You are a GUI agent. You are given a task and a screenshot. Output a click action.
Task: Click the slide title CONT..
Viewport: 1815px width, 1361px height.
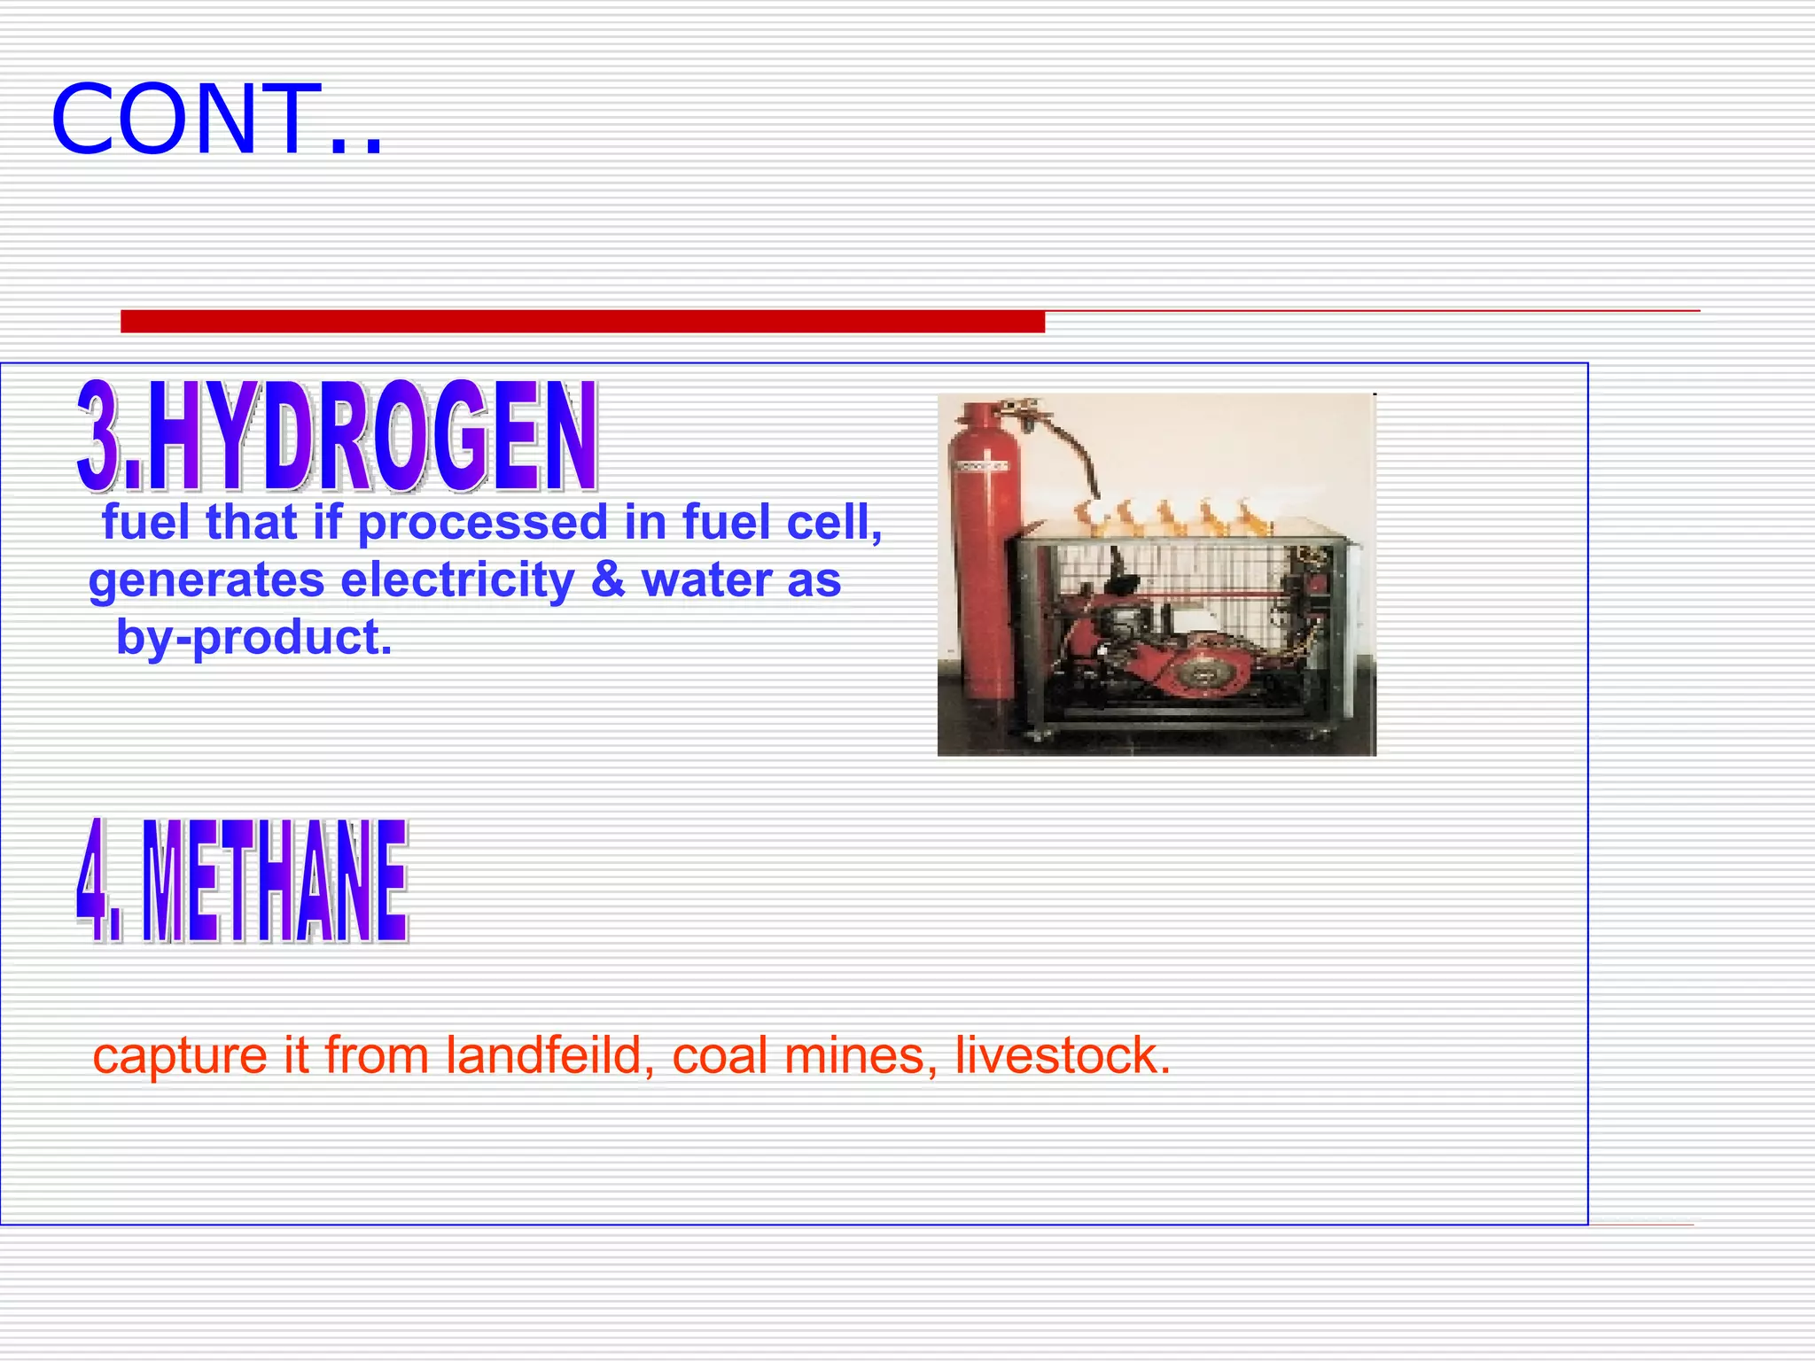click(217, 120)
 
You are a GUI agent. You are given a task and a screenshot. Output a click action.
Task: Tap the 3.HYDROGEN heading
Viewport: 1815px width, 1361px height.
click(337, 436)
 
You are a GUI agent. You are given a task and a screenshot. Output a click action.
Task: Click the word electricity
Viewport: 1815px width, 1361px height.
click(457, 580)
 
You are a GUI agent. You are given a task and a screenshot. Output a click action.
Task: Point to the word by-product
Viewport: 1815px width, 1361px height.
click(253, 638)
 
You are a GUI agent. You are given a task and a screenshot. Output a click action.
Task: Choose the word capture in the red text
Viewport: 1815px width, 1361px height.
click(180, 1057)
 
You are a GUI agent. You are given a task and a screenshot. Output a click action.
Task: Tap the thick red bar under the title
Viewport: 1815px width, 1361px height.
click(582, 322)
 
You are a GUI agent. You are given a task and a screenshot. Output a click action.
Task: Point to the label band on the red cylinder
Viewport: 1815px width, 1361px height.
click(978, 465)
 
